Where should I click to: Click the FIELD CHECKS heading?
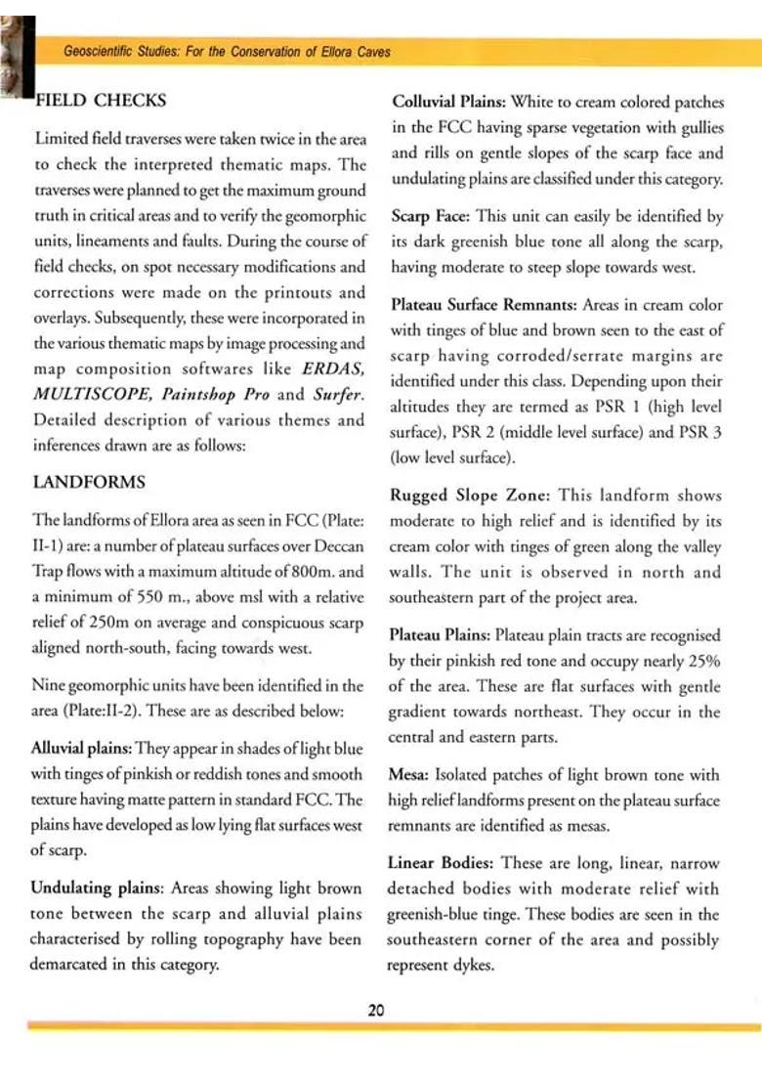[101, 101]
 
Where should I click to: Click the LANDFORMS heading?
[90, 482]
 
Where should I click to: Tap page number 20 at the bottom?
[376, 1010]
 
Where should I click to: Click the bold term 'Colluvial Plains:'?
[444, 102]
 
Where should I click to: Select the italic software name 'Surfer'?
[337, 395]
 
